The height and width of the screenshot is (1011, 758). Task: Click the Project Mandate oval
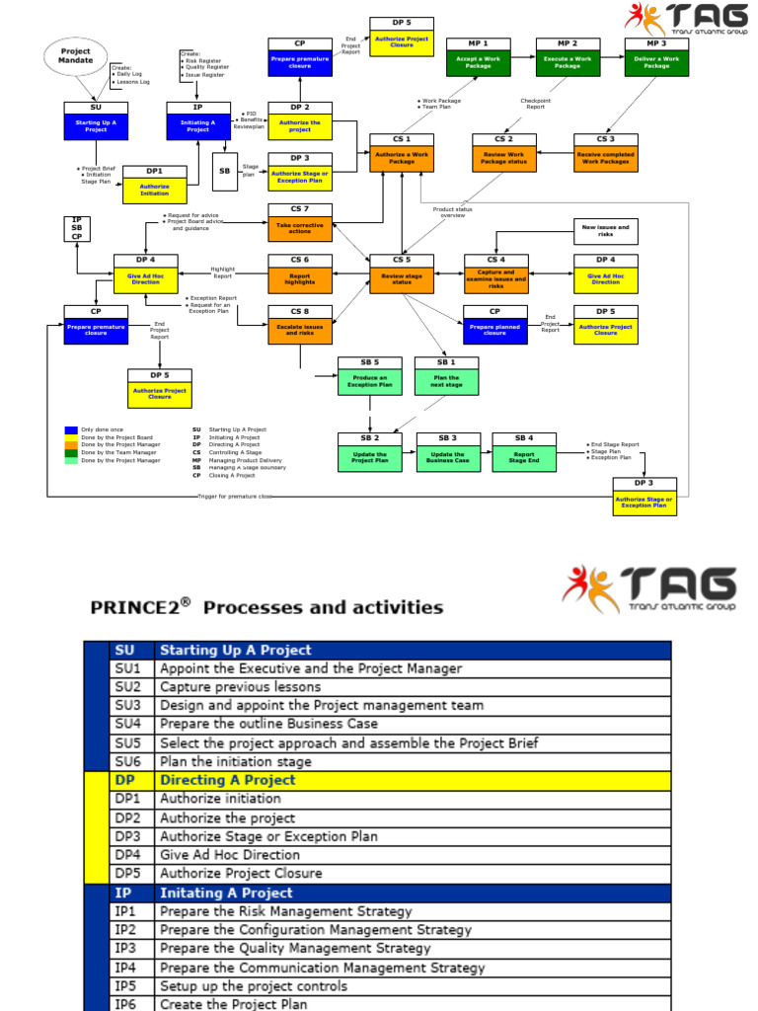point(76,55)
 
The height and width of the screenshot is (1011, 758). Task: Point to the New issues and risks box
point(606,232)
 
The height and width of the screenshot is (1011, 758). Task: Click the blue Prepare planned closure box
point(494,330)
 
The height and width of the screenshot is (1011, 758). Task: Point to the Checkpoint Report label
point(535,104)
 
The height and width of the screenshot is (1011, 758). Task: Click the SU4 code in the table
point(128,724)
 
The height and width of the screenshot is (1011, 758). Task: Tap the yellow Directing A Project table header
point(227,780)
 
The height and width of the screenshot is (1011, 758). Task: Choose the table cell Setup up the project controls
point(254,986)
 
